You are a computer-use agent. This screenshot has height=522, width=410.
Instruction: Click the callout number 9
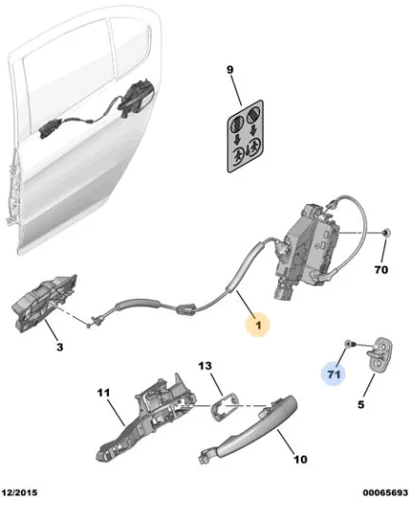click(x=230, y=70)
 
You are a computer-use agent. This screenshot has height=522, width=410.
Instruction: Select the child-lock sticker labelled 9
click(x=245, y=136)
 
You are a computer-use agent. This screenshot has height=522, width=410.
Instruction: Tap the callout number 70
click(x=382, y=270)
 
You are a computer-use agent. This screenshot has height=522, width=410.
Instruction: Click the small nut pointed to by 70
click(x=385, y=233)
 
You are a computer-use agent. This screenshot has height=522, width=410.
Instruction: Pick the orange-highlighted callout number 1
click(x=258, y=325)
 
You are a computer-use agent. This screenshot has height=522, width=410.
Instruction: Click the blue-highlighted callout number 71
click(x=333, y=374)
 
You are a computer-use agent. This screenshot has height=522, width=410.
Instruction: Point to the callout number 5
click(x=361, y=405)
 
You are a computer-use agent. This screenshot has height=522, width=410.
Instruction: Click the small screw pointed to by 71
click(x=348, y=343)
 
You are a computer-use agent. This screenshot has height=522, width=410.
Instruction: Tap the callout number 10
click(x=300, y=459)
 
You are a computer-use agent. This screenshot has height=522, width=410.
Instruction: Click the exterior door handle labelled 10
click(x=249, y=428)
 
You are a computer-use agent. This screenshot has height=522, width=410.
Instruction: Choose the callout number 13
click(x=205, y=365)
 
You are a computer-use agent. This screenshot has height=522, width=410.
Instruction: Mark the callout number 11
click(x=103, y=393)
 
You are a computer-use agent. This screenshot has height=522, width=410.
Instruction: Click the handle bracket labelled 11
click(x=146, y=418)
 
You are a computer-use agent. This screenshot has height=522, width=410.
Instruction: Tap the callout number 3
click(x=59, y=347)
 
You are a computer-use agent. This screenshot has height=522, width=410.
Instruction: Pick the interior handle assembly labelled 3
click(x=45, y=304)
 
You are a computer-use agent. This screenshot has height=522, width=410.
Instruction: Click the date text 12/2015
click(x=20, y=493)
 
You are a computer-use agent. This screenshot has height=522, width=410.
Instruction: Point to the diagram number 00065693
click(x=385, y=493)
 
